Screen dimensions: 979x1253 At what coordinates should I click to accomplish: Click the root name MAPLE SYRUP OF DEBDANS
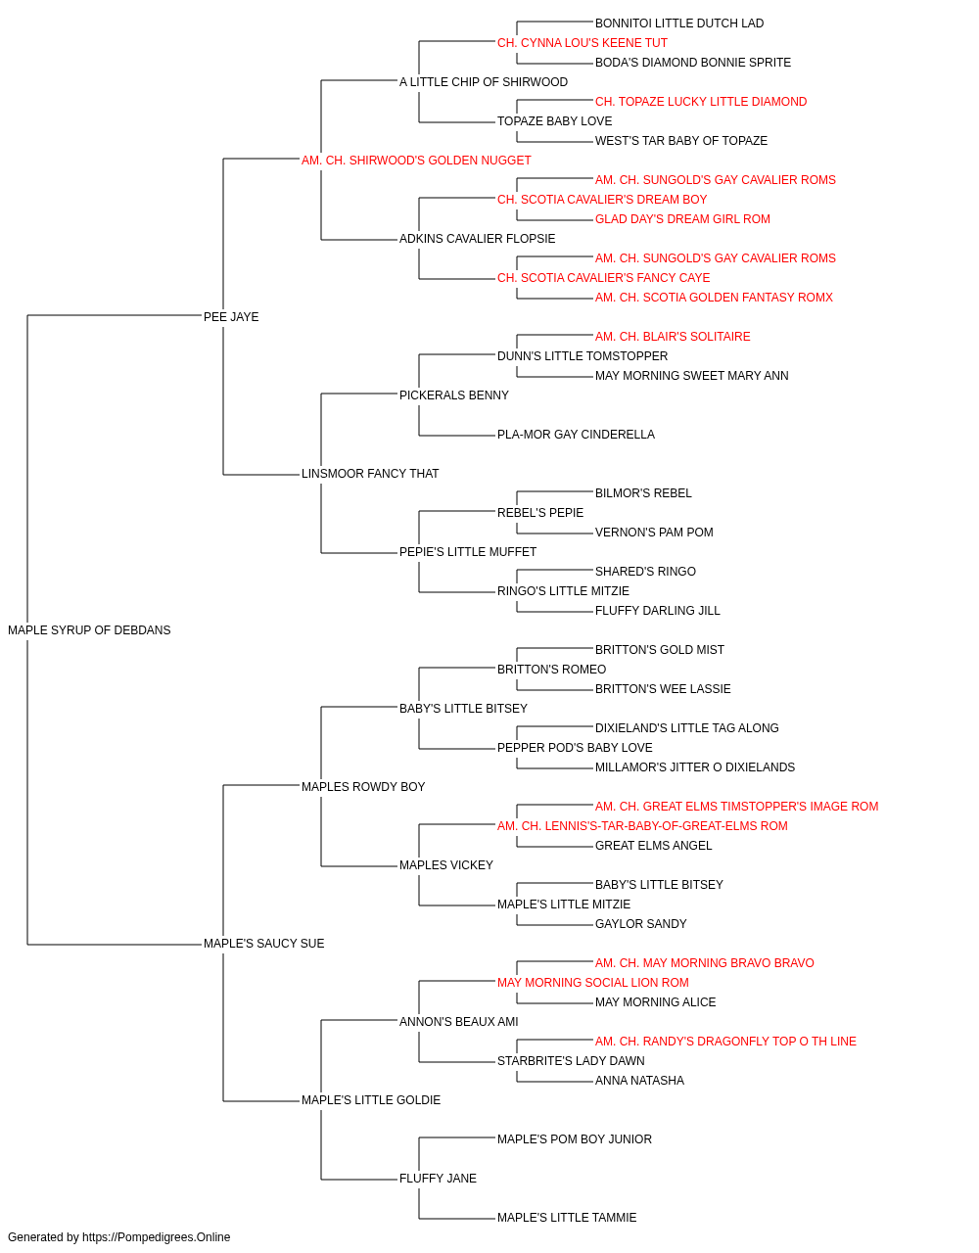tap(89, 630)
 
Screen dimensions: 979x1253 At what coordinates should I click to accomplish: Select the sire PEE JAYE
tap(231, 317)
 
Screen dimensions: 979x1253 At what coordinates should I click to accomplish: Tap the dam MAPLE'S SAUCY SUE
tap(264, 944)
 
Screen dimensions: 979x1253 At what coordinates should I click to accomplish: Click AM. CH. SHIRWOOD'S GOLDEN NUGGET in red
tap(416, 161)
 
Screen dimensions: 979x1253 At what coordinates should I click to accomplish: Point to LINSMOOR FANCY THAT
tap(370, 474)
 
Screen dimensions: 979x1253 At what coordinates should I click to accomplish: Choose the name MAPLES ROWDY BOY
tap(363, 786)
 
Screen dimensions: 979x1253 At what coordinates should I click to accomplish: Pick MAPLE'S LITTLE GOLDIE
tap(371, 1100)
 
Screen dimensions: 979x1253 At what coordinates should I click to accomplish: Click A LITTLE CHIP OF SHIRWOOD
tap(484, 82)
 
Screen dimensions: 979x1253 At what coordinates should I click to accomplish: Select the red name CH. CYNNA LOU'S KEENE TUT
tap(583, 43)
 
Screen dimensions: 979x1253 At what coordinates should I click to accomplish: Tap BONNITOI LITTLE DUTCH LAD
tap(679, 23)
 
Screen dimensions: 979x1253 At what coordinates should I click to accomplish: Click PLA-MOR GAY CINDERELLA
tap(576, 435)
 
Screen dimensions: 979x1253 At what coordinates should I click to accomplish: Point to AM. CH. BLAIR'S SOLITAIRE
tap(673, 336)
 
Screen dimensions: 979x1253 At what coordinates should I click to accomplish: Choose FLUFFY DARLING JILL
tap(658, 611)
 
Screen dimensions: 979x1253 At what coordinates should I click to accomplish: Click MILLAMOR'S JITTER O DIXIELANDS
tap(695, 766)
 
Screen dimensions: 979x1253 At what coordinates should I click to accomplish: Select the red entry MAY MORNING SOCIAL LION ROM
tap(593, 983)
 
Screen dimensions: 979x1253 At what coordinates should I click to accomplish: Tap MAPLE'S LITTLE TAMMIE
tap(568, 1217)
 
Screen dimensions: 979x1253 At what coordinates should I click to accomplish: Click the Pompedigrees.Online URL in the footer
tap(157, 1237)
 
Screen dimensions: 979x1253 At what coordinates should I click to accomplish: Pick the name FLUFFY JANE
tap(439, 1178)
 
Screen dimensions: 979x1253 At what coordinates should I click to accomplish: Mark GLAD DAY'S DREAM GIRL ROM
tap(682, 219)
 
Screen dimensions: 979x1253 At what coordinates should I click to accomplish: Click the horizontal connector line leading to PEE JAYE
tap(114, 315)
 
